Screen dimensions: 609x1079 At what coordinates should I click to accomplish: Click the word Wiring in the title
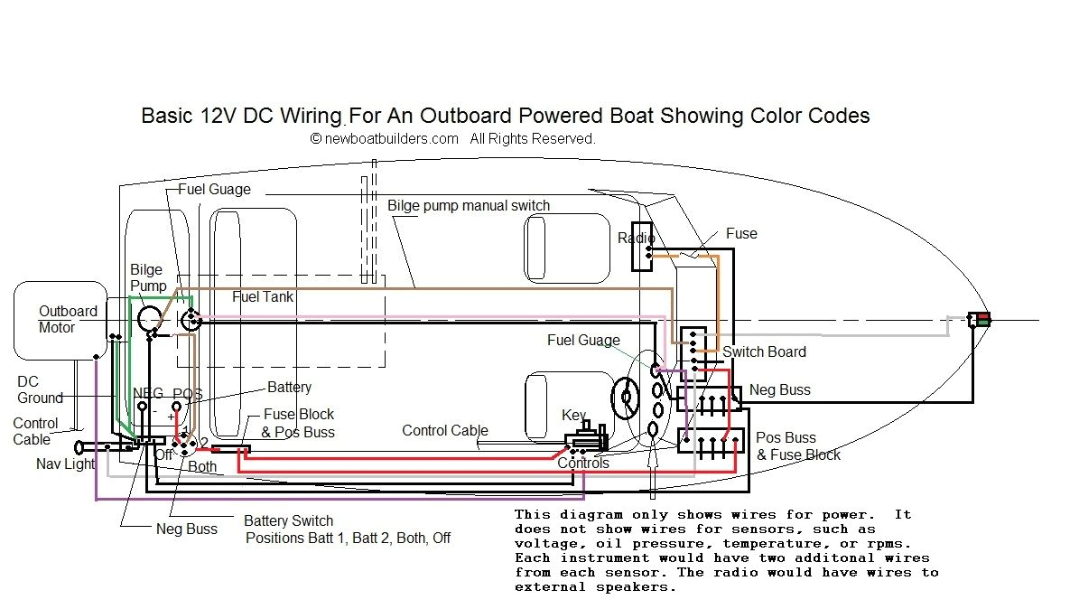[x=305, y=116]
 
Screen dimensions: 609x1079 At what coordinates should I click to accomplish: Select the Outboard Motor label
[x=68, y=319]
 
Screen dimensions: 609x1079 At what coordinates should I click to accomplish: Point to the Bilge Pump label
[x=147, y=277]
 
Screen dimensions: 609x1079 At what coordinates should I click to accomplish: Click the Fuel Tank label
[x=263, y=296]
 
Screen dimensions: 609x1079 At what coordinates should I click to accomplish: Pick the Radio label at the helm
[x=636, y=238]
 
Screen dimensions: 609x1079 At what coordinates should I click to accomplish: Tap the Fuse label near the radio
[x=741, y=233]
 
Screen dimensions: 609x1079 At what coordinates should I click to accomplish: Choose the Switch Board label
[x=764, y=351]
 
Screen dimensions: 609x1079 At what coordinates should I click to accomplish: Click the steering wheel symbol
[x=624, y=397]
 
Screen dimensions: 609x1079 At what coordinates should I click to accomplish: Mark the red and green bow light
[x=979, y=319]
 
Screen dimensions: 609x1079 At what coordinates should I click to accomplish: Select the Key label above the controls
[x=573, y=415]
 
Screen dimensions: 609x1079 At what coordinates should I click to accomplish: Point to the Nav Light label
[x=66, y=464]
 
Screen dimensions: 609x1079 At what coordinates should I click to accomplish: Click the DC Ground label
[x=40, y=389]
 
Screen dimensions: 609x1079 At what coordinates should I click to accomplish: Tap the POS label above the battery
[x=187, y=394]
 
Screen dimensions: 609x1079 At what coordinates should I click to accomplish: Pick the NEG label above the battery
[x=148, y=394]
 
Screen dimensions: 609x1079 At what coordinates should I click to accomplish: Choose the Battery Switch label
[x=288, y=520]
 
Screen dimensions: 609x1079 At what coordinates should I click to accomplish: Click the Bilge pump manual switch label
[x=469, y=205]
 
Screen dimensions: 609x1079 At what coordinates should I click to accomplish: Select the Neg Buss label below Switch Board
[x=780, y=389]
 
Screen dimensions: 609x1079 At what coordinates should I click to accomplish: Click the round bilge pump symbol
[x=148, y=317]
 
